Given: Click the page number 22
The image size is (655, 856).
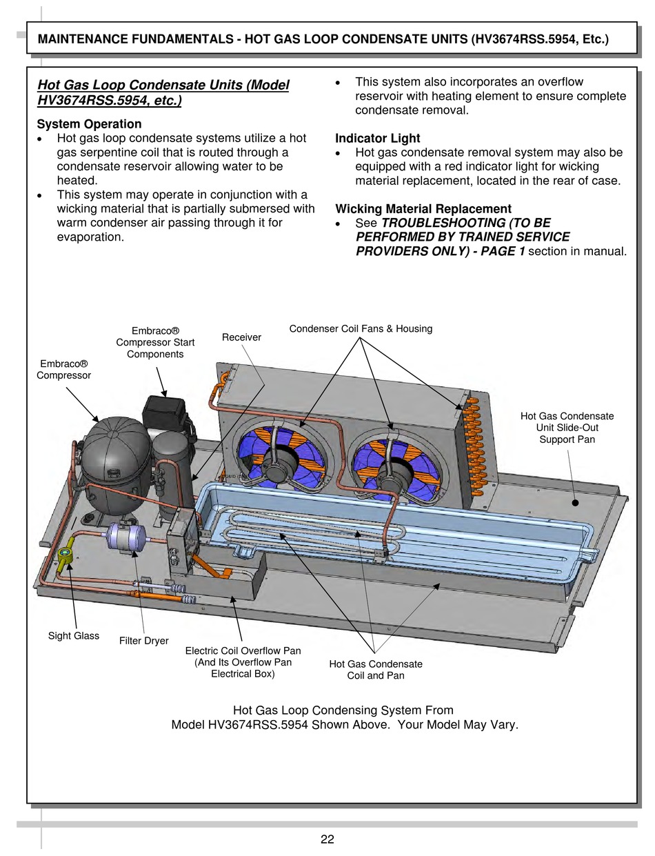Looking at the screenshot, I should click(327, 839).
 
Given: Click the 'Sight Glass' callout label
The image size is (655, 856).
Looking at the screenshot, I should click(74, 635).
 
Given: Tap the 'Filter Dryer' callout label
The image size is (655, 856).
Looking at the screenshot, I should click(143, 641).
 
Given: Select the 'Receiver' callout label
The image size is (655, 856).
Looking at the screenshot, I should click(241, 337).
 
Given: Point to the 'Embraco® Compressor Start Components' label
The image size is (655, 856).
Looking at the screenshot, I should click(155, 343).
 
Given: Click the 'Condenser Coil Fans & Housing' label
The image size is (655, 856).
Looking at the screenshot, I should click(361, 328).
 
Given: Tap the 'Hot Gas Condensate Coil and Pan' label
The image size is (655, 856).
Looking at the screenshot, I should click(376, 669).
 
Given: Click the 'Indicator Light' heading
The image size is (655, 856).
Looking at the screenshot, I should click(377, 138).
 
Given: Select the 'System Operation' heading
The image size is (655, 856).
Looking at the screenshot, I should click(89, 124).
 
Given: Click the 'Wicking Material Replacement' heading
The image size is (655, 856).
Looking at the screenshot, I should click(423, 208).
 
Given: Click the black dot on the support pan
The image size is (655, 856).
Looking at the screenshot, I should click(575, 502).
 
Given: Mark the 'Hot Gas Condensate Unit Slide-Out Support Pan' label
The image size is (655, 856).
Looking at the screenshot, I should click(567, 428).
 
